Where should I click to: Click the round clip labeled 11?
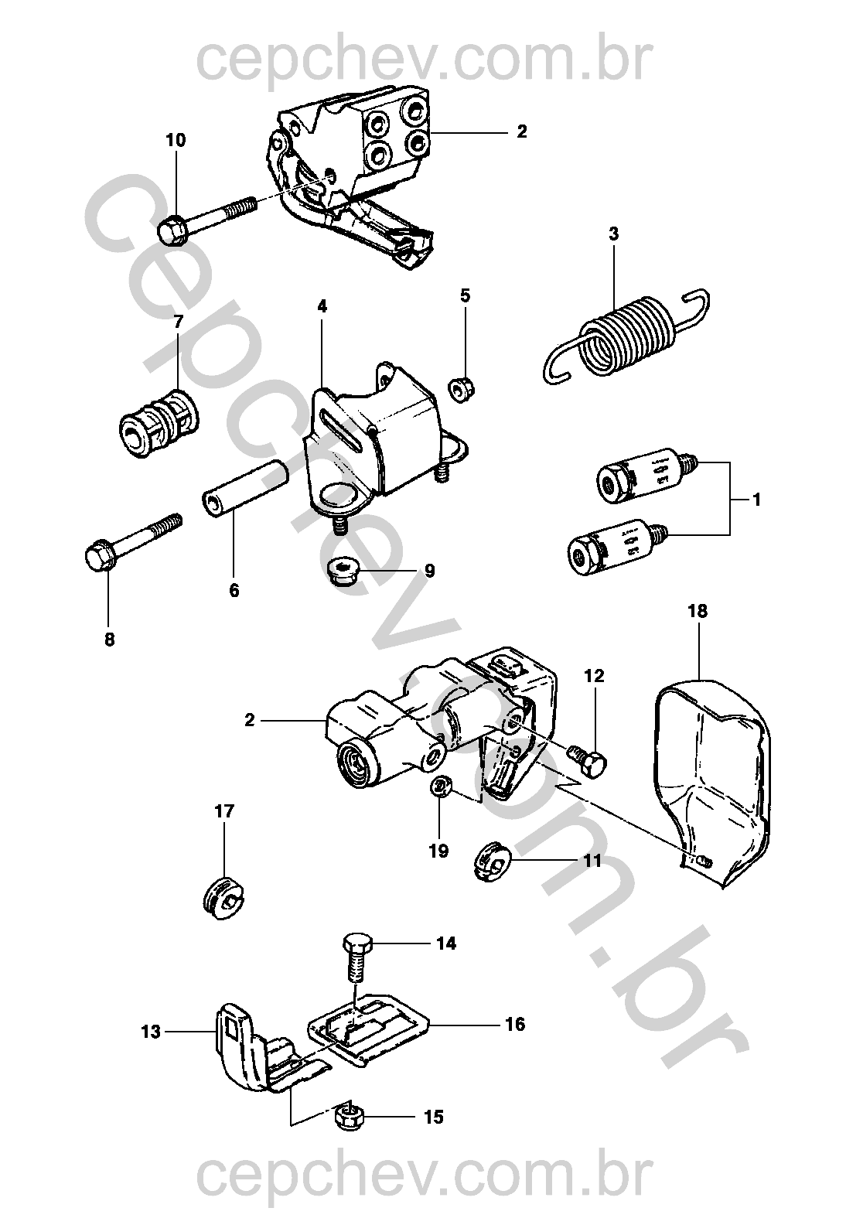click(x=493, y=861)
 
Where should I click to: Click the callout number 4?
click(x=322, y=306)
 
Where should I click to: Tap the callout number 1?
click(x=757, y=500)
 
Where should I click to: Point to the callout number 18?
click(x=697, y=611)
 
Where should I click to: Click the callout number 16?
click(x=514, y=1025)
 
